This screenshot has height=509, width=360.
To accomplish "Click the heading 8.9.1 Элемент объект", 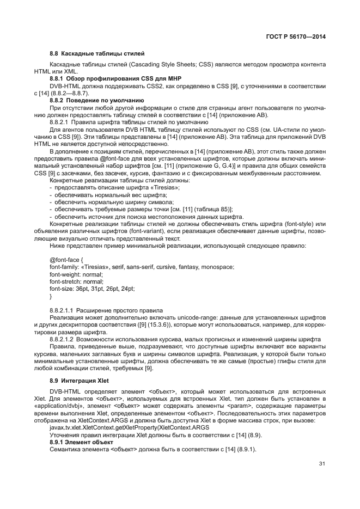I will pos(82,443).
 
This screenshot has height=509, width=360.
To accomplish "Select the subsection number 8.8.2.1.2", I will pos(62,338).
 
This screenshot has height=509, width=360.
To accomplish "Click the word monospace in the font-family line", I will pos(217,267).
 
